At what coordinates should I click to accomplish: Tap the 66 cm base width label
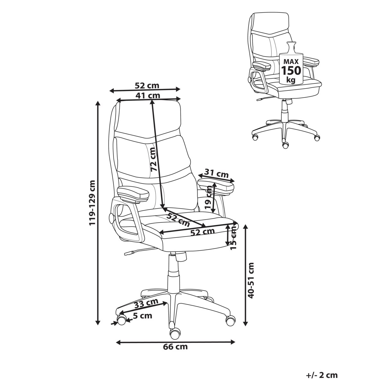[175, 347]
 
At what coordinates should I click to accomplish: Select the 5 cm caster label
[142, 316]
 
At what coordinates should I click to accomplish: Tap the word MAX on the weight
[291, 61]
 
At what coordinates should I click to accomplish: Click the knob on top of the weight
[291, 46]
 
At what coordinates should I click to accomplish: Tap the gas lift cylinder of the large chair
[173, 273]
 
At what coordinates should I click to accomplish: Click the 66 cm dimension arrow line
[175, 342]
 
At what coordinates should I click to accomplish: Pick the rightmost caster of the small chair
[317, 138]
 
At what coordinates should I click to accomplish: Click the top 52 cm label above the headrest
[147, 86]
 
